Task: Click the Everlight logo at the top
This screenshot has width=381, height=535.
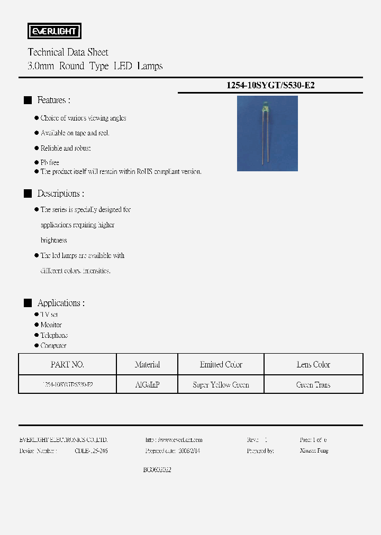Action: tap(54, 31)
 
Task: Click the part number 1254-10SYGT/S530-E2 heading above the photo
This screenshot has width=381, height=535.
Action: tap(270, 85)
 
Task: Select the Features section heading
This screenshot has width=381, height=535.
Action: tap(53, 100)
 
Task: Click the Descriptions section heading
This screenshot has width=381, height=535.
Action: tap(60, 194)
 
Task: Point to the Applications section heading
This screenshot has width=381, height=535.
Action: tap(61, 303)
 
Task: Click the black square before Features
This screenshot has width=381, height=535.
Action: tap(28, 100)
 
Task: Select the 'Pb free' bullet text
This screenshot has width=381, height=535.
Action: tap(50, 162)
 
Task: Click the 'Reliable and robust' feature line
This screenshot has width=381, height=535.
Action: tap(66, 149)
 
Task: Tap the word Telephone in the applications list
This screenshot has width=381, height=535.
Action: tap(54, 335)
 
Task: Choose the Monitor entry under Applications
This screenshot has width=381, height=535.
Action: tap(51, 325)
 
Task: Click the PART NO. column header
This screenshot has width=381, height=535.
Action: tap(67, 365)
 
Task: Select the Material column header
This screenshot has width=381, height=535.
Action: tap(147, 365)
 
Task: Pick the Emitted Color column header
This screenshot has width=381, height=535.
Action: tap(221, 365)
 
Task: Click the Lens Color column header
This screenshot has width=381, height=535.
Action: tap(313, 365)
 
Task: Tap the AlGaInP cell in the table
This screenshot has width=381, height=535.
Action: tap(147, 385)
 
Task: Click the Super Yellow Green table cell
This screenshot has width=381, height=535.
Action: tap(221, 385)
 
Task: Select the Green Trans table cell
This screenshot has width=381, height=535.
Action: tap(313, 385)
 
